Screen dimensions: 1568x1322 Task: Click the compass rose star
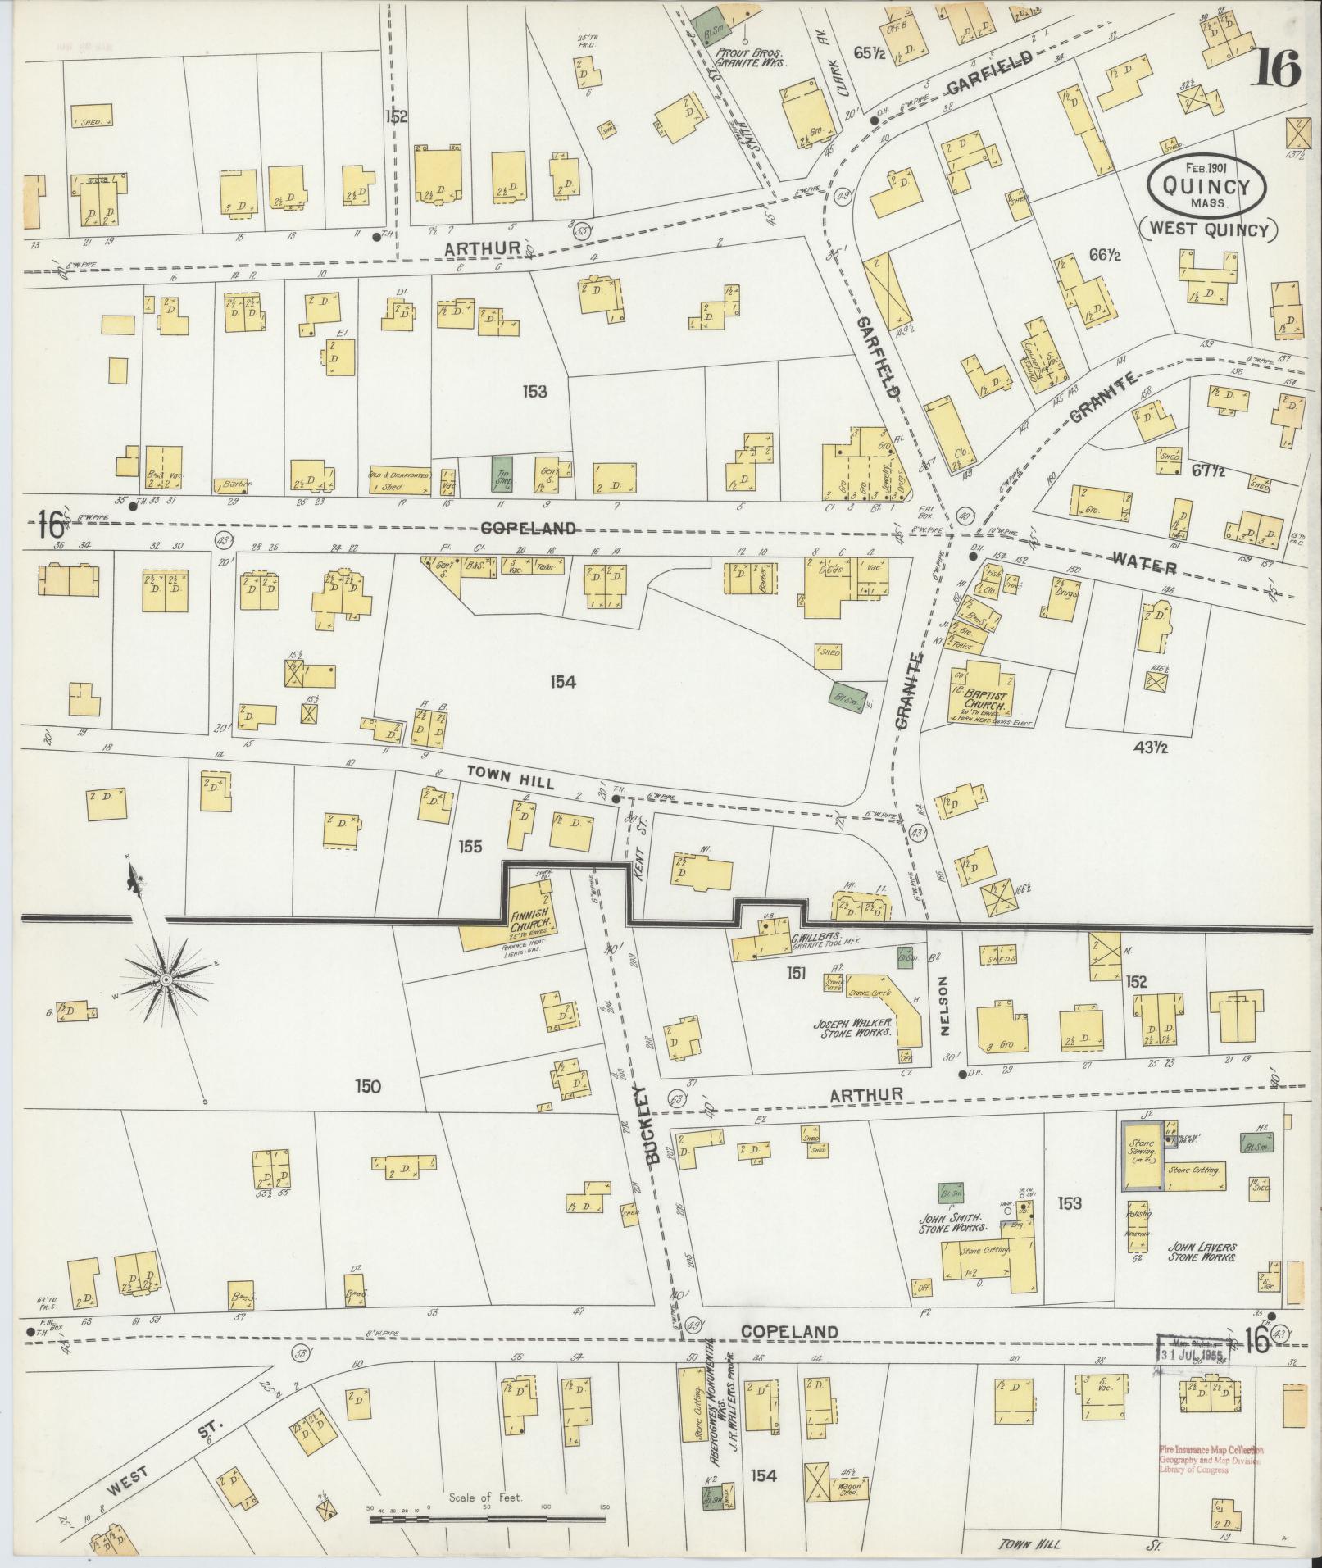pos(166,979)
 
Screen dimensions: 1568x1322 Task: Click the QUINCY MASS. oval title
pos(1206,187)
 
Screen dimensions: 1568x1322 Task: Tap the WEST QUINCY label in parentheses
pos(1208,230)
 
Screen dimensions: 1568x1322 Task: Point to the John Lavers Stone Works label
pos(1202,1251)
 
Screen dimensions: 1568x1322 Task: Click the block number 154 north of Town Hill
pos(564,681)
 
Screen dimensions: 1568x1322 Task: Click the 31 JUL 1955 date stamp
pos(1193,1354)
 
